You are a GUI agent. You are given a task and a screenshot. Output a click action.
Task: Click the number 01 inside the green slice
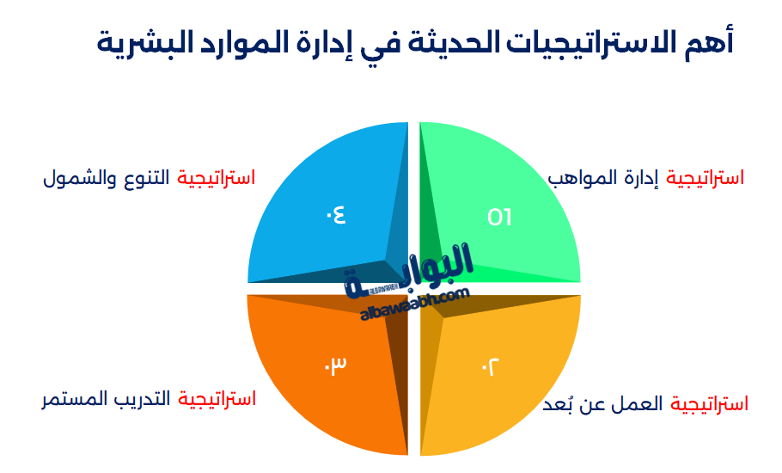pyautogui.click(x=499, y=217)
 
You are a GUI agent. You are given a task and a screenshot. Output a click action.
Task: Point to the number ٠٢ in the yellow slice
pyautogui.click(x=489, y=367)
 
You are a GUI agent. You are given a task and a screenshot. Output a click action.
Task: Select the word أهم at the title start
pyautogui.click(x=713, y=41)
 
